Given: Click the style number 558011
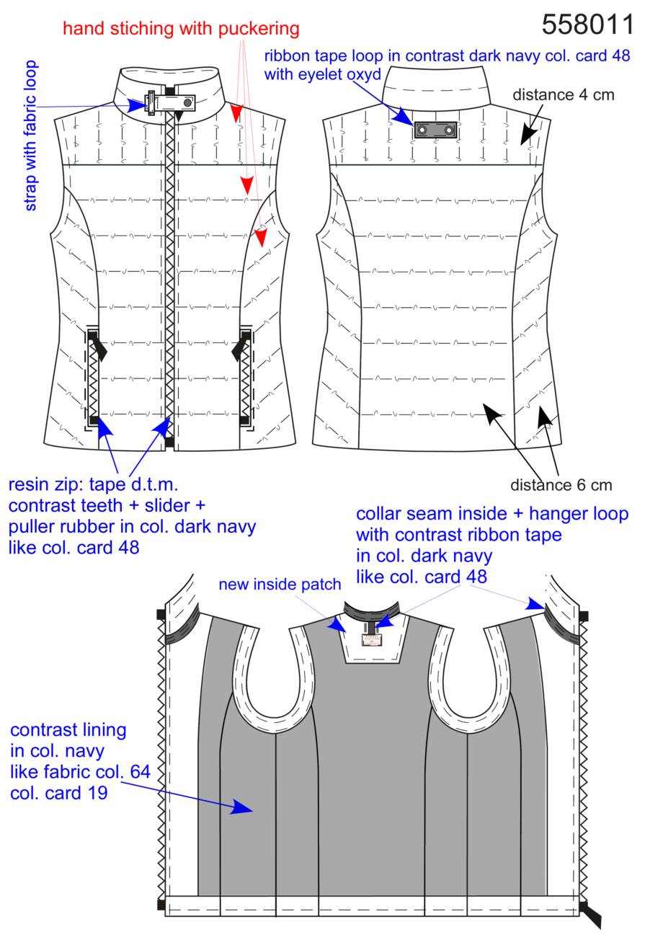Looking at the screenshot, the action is coord(587,24).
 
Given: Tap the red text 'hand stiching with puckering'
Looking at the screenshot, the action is coord(181,29).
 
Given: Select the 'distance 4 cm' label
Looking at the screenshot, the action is coord(564,95).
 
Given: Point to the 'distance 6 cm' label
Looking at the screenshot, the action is coord(561,485).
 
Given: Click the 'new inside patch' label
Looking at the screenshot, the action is coord(280,585).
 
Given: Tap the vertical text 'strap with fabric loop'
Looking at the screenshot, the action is coord(30,136).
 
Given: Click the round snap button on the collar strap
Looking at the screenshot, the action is coord(188,102).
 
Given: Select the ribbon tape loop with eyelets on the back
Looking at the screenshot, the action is coord(435,130).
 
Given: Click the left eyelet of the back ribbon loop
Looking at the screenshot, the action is coord(422,130).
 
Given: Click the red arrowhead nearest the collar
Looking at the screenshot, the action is coord(236,113).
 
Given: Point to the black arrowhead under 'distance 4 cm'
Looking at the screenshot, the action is coord(528,135).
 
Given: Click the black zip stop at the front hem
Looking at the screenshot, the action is coord(169,442).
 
